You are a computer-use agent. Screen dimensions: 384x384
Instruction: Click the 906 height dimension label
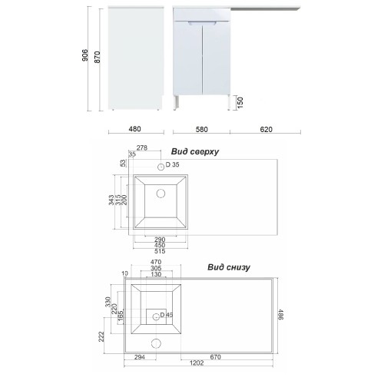tap(84, 55)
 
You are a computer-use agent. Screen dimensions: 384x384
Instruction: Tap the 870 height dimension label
tap(98, 57)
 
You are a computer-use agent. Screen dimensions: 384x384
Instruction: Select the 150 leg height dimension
tap(240, 102)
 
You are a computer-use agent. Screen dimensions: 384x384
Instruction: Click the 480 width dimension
tap(134, 129)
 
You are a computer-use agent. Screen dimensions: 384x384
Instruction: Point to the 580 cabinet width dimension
tap(201, 130)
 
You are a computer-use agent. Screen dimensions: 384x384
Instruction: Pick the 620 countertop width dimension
tap(266, 130)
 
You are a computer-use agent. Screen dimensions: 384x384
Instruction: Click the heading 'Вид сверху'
tap(195, 151)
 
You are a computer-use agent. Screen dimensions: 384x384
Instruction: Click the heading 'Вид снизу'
tap(229, 267)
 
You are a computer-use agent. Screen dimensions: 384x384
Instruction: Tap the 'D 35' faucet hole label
tap(173, 164)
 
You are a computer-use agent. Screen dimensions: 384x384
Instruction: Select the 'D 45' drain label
tap(167, 315)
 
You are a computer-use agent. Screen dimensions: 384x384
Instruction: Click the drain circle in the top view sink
tap(161, 194)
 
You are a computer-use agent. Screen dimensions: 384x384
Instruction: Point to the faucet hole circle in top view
tap(161, 167)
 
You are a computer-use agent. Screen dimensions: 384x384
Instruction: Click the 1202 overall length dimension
tap(197, 363)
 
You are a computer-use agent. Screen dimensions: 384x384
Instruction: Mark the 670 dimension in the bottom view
tap(215, 357)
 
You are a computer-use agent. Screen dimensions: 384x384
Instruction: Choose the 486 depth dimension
tap(281, 314)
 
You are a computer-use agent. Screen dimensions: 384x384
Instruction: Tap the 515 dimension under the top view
tap(160, 251)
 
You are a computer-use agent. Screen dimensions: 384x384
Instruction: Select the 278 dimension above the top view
tap(142, 147)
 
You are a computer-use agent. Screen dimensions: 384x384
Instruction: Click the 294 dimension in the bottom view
tap(140, 357)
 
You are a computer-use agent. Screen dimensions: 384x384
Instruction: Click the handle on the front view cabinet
tap(202, 23)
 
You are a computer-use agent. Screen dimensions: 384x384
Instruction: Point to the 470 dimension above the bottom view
tap(156, 262)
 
